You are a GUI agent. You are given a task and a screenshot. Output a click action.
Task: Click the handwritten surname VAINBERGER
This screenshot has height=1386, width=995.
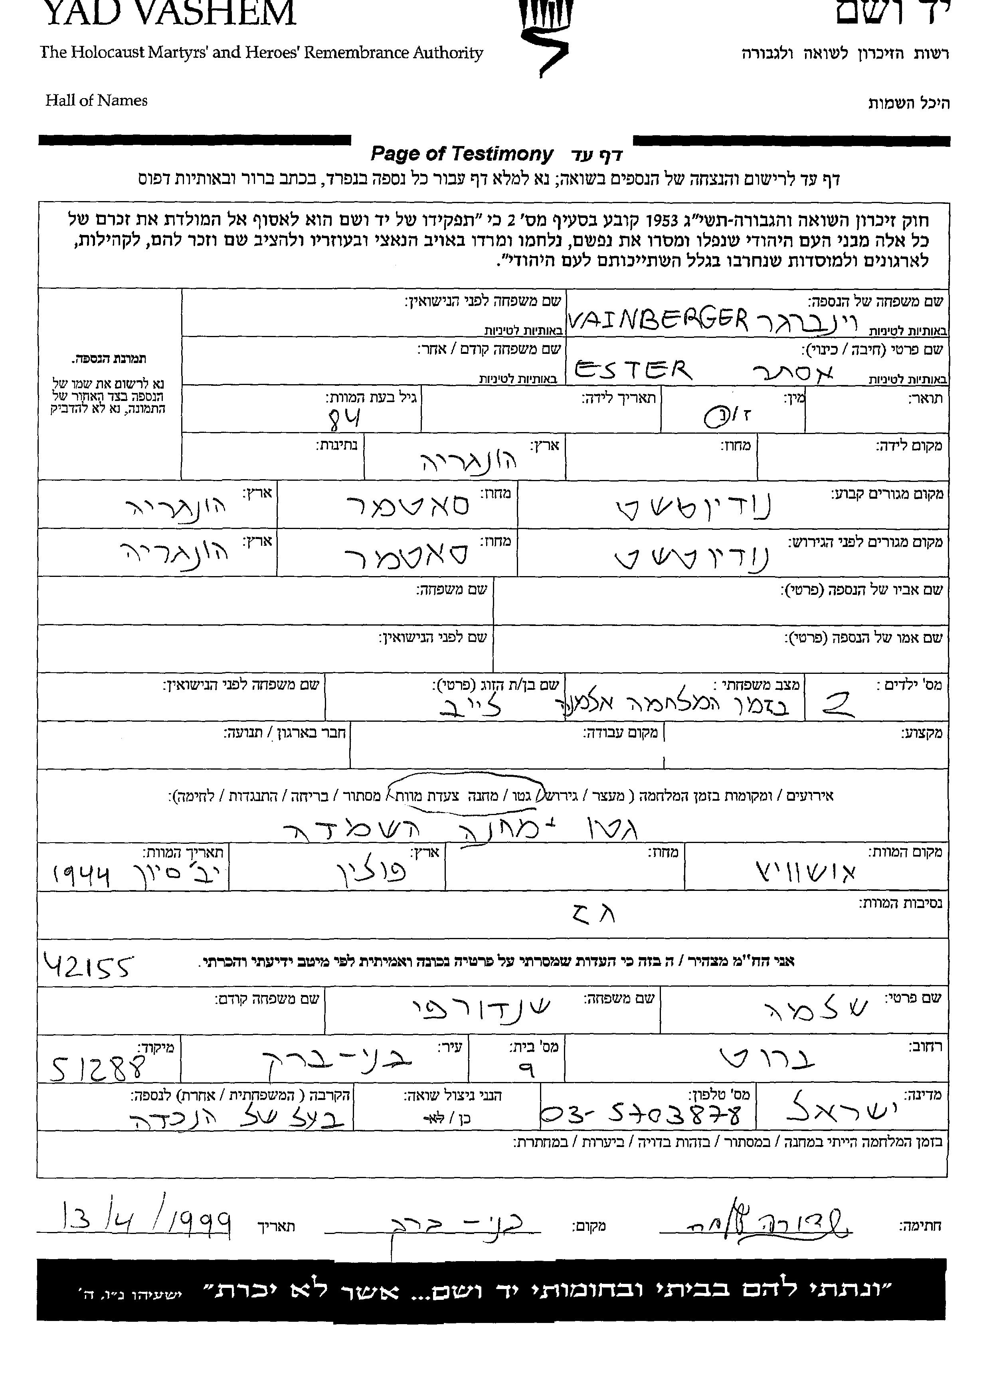pos(658,318)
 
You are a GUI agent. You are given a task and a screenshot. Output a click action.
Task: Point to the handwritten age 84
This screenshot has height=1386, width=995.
pos(344,419)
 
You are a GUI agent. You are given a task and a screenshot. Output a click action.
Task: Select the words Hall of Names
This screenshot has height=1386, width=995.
pos(96,101)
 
